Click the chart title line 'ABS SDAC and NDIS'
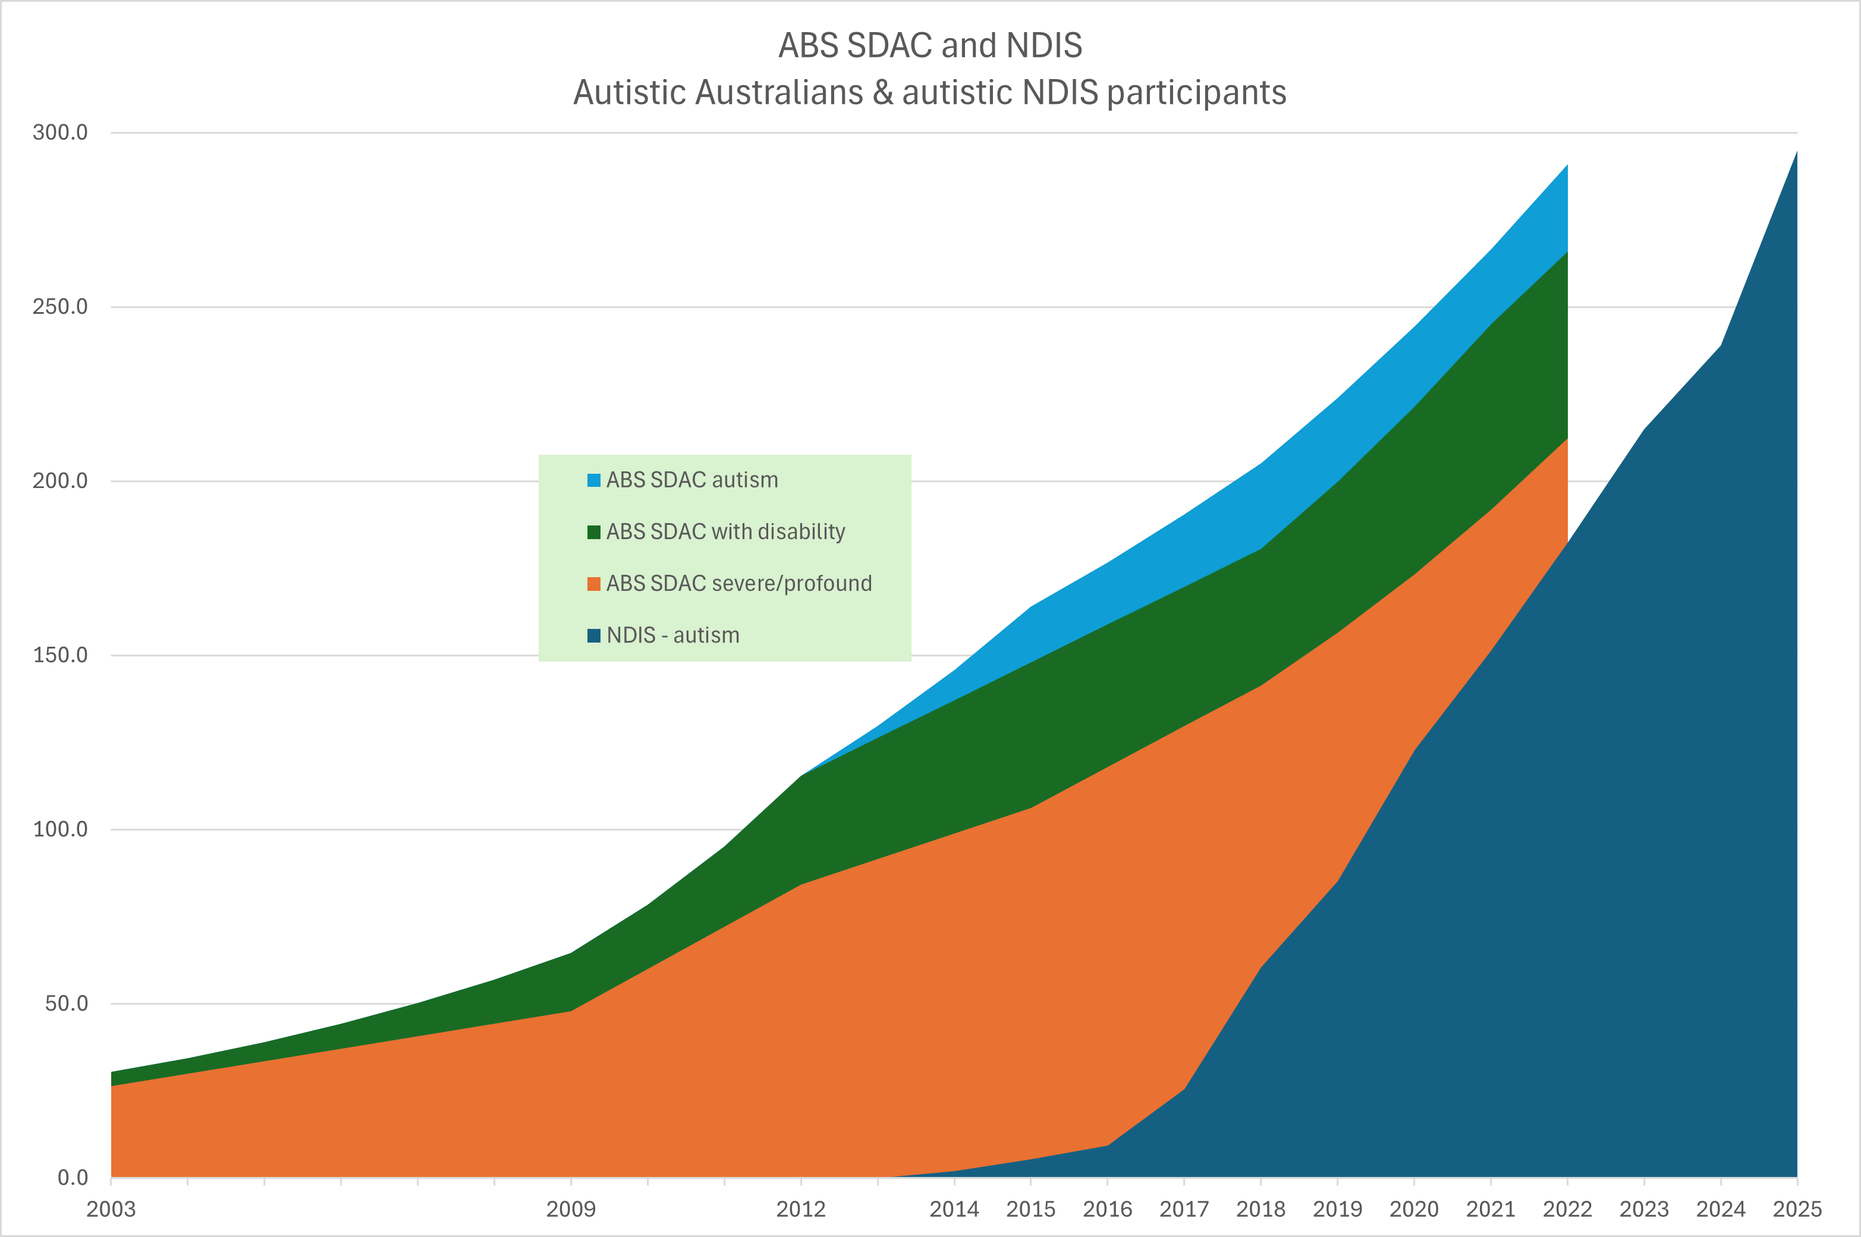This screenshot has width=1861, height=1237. (929, 46)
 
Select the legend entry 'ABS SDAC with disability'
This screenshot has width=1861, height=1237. (725, 532)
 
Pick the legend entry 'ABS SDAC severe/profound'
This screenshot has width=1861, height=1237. (738, 584)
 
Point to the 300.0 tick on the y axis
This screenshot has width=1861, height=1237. (60, 133)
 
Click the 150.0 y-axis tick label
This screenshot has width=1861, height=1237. (60, 655)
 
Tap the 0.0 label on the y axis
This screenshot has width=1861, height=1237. (72, 1178)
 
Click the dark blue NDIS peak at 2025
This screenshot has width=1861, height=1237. (1796, 153)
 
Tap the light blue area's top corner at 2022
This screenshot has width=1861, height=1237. (1566, 166)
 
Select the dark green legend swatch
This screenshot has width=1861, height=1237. (594, 532)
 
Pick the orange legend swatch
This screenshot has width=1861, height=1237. (594, 584)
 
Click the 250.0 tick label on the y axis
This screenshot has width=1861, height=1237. (60, 307)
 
